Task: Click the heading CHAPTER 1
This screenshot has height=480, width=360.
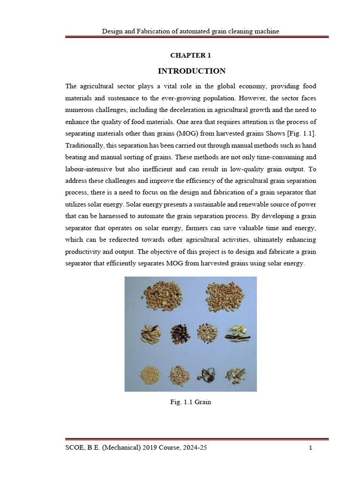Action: [190, 55]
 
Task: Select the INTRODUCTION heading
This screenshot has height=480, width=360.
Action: [191, 71]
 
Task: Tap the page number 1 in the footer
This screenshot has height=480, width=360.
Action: [310, 448]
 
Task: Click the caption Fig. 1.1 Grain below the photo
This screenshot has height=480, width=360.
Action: [190, 402]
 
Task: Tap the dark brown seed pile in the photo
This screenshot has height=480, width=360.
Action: [179, 335]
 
